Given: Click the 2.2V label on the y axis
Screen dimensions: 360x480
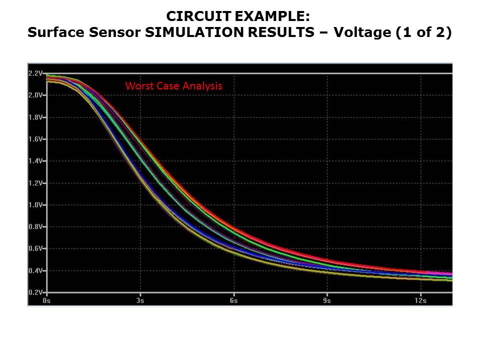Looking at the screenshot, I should pos(36,73).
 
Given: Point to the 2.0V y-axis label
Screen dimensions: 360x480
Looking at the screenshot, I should pos(36,95).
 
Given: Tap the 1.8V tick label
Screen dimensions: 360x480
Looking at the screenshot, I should pos(36,117).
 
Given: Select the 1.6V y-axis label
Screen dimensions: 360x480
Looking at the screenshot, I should pos(36,139).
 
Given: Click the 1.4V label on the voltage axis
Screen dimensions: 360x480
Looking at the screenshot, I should pos(36,161).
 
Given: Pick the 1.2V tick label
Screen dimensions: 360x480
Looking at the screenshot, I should pos(36,183).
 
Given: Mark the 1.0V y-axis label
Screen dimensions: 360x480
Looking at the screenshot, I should pos(36,205).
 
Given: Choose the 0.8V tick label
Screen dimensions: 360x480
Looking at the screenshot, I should pos(36,227).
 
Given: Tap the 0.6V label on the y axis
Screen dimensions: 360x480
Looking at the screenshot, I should pos(36,249).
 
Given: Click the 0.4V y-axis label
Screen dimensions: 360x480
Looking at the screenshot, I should pos(36,271).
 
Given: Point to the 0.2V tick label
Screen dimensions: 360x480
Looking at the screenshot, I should pos(36,292).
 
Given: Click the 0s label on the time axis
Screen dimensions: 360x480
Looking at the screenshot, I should pos(46,301).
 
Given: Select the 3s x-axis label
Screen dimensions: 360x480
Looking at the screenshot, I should pos(140,301).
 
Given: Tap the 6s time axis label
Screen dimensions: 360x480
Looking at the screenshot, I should pos(233,301).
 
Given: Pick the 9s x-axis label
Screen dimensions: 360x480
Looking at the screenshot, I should pos(327,301).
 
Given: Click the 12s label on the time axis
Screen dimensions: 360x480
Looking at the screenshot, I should pos(420,301).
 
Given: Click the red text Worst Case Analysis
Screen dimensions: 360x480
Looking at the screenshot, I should pos(173,86).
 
